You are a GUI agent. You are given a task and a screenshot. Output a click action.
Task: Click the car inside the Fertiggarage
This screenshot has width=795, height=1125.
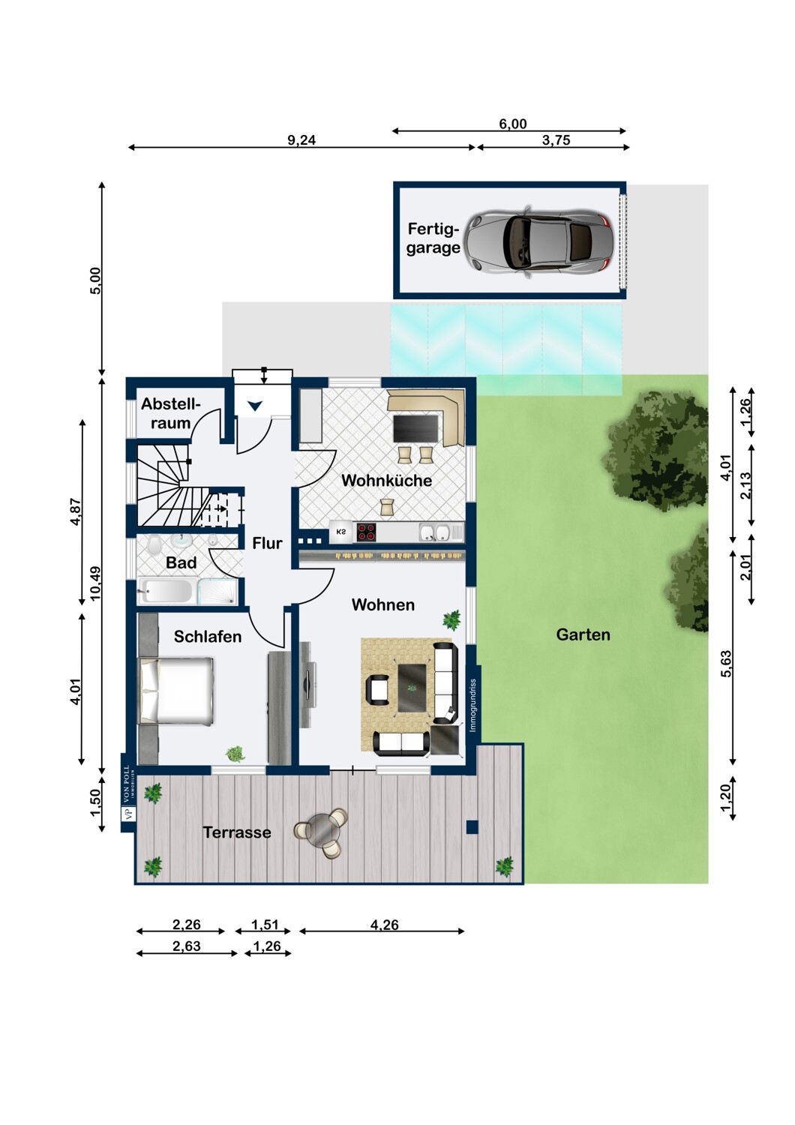click(x=538, y=241)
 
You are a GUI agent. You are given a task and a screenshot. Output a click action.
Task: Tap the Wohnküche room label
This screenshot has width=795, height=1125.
click(x=386, y=481)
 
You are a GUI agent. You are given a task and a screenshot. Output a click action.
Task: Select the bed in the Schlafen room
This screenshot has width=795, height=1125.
click(x=176, y=691)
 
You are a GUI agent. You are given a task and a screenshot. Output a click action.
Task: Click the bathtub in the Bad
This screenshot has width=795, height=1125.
click(x=167, y=591)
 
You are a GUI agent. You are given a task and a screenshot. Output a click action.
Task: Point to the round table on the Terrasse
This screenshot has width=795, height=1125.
click(x=320, y=832)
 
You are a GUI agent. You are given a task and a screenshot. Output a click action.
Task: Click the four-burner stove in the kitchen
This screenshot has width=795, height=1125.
click(x=367, y=532)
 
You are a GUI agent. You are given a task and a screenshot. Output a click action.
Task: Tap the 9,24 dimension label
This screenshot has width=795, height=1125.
click(x=301, y=140)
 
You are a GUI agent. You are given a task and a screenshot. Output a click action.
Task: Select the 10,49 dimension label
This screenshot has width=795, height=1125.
click(x=95, y=583)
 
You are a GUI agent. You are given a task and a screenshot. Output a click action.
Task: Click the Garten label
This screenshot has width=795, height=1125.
click(x=583, y=634)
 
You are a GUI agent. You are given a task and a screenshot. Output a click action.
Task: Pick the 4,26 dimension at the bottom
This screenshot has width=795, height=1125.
click(x=384, y=925)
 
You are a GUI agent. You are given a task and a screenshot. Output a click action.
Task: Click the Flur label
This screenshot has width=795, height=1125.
click(x=267, y=543)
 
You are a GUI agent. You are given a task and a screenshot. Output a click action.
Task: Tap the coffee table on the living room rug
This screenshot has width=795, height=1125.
click(x=412, y=688)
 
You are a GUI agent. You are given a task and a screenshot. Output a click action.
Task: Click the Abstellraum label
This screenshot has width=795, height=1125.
click(x=171, y=413)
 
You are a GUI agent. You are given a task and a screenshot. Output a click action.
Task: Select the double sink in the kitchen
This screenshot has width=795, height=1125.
click(x=435, y=532)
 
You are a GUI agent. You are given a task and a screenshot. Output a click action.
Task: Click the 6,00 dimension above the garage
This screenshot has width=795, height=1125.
click(x=513, y=124)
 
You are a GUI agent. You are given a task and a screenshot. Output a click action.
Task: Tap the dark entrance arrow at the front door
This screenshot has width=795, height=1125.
click(x=255, y=405)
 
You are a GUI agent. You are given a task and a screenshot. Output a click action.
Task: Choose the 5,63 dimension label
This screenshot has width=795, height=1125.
click(x=726, y=664)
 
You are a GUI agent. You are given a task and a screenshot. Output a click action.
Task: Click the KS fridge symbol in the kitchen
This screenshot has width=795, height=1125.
click(x=341, y=532)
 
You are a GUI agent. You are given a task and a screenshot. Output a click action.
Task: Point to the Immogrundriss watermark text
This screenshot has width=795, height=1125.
click(x=472, y=705)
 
